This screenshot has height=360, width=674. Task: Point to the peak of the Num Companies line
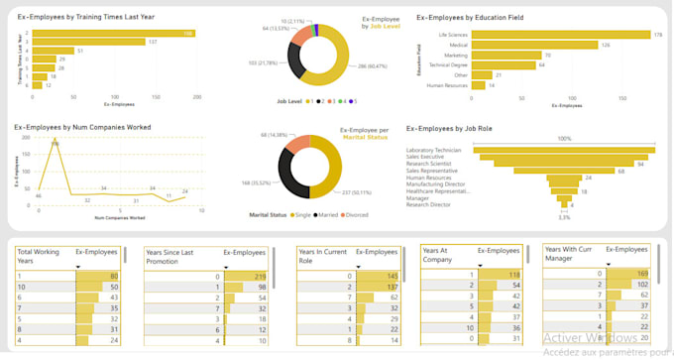[56, 145]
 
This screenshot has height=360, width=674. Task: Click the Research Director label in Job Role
[428, 205]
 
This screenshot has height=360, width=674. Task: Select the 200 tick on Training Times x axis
[197, 97]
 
